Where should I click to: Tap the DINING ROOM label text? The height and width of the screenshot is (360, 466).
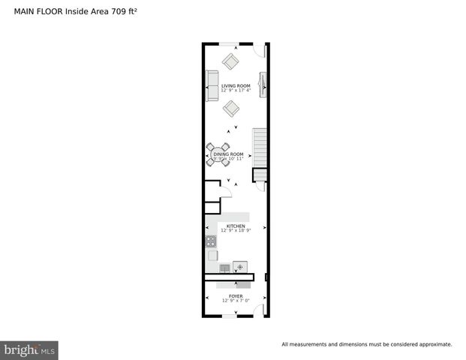point(228,154)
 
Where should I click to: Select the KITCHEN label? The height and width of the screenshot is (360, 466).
point(236,226)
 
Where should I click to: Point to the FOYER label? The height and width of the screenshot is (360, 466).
point(236,296)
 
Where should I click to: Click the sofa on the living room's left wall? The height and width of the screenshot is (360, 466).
point(212,86)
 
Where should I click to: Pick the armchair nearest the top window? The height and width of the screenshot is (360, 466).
point(230,61)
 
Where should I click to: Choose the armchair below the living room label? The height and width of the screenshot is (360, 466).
point(231,107)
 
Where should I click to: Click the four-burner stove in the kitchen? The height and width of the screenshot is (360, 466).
point(212,241)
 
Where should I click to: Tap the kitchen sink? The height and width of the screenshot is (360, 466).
point(225,267)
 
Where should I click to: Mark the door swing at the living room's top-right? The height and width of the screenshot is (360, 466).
point(259,50)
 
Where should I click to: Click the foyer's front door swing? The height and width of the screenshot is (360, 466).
point(258,310)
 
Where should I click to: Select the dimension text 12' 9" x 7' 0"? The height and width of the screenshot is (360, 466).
point(236,301)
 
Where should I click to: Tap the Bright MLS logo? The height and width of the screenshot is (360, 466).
point(30,350)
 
